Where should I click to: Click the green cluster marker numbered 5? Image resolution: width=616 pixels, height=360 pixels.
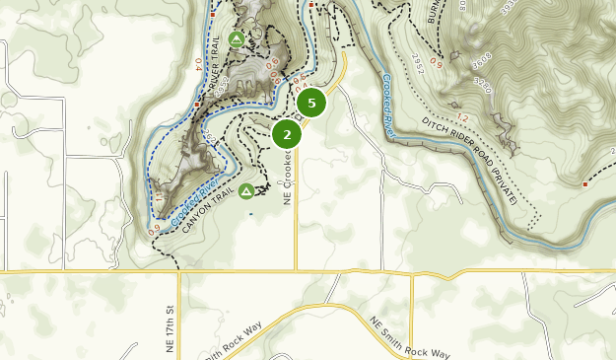pos(311,102)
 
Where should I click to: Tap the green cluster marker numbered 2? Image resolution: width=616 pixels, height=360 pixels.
pos(287,133)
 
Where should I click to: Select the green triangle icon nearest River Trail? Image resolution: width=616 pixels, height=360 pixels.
pos(236,39)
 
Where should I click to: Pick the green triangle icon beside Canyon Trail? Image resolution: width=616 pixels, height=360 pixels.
pos(246,190)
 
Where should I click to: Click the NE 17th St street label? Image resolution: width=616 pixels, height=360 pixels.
pos(171,323)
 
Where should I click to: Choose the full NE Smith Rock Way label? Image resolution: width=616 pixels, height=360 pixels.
pos(409,338)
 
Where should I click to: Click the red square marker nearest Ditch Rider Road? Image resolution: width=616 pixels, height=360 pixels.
pos(585,184)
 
